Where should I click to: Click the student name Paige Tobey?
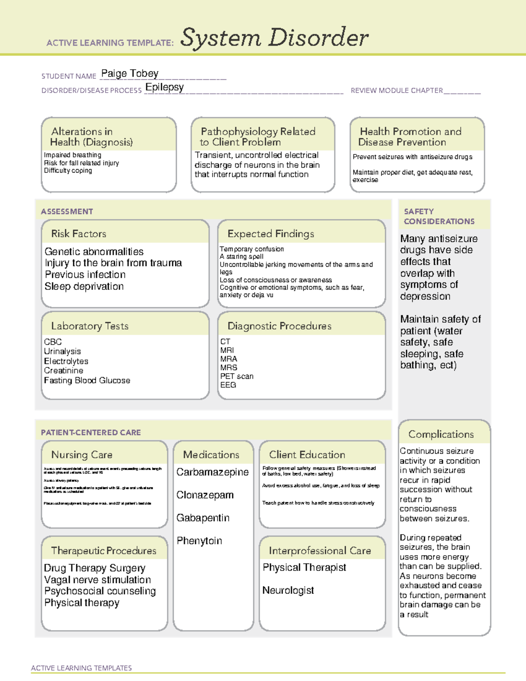tap(130, 74)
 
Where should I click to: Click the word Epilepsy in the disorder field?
tap(164, 87)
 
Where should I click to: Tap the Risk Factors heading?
tap(78, 234)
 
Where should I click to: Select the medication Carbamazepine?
tap(212, 472)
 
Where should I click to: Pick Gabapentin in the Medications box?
tap(203, 518)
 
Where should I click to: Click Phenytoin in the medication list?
tap(199, 541)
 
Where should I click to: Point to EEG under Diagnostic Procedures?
tap(228, 385)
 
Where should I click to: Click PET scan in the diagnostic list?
tap(237, 376)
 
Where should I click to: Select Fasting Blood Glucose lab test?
tap(87, 381)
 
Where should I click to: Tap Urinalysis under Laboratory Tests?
tap(62, 351)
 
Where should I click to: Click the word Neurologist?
tap(288, 591)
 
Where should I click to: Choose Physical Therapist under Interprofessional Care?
tap(304, 567)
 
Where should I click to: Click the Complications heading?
tap(441, 434)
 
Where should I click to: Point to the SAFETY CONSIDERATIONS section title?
tap(439, 217)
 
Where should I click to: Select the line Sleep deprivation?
tap(84, 286)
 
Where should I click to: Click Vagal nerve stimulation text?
tap(97, 580)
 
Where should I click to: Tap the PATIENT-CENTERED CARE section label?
tap(91, 432)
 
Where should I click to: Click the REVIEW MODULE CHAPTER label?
tap(397, 91)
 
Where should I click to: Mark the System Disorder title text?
tap(274, 38)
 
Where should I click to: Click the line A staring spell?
tap(242, 257)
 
